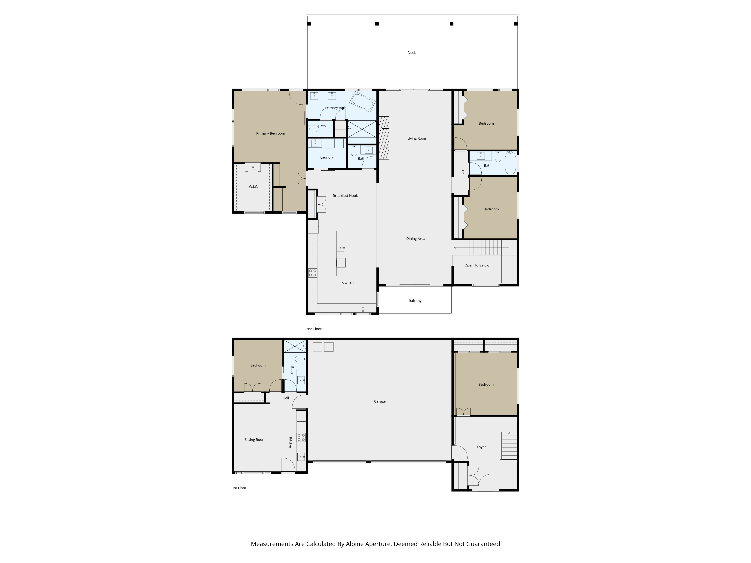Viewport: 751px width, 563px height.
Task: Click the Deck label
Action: (x=412, y=53)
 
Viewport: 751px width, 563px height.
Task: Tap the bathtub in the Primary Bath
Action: (x=363, y=101)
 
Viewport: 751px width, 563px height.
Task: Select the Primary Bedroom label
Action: (x=271, y=133)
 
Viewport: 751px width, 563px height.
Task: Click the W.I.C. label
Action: (x=253, y=187)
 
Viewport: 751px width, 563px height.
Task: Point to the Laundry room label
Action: (x=327, y=157)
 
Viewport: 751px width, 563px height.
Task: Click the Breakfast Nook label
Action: (x=345, y=196)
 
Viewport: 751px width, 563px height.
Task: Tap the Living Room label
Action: (x=417, y=138)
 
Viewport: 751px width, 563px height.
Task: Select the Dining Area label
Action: (x=415, y=239)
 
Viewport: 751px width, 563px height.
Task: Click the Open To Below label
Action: (x=477, y=265)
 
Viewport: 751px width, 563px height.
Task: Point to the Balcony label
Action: (x=415, y=301)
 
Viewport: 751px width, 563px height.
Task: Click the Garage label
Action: (x=380, y=401)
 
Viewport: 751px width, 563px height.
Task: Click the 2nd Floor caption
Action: (x=314, y=329)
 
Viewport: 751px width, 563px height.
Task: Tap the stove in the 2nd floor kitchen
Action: (x=313, y=273)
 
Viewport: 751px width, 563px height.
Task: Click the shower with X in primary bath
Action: (x=362, y=129)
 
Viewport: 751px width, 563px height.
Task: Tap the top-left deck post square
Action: (x=309, y=24)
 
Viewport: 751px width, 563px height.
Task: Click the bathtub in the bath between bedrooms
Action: (x=510, y=163)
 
